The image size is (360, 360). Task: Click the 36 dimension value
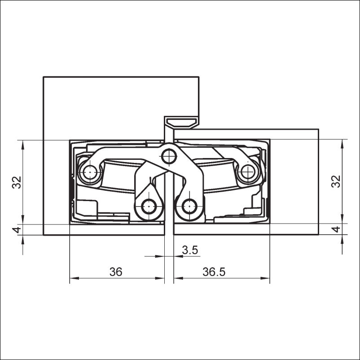[116, 272]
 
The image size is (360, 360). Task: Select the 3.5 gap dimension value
[190, 250]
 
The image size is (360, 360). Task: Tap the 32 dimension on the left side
[17, 182]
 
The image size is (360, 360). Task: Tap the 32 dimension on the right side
[336, 181]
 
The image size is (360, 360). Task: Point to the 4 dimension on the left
[17, 229]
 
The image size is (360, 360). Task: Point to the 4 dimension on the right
[336, 229]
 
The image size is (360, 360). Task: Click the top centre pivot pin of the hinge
[169, 157]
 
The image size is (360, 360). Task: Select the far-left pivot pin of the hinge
[90, 172]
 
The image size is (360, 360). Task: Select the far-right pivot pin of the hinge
[248, 171]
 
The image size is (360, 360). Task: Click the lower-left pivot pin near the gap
[149, 206]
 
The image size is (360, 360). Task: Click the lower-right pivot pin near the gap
[189, 206]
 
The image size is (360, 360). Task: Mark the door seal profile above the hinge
[183, 123]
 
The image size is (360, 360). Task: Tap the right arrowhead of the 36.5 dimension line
[265, 278]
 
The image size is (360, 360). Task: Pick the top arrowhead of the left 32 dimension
[22, 145]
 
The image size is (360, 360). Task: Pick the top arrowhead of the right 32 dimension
[342, 144]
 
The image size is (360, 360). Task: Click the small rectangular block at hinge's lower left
[87, 208]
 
